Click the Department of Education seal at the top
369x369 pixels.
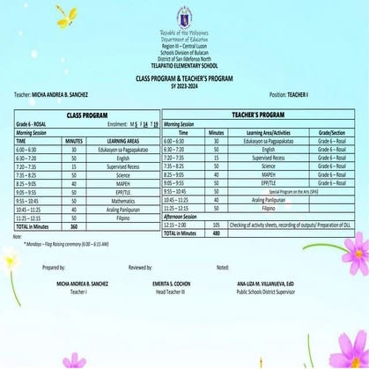click(x=184, y=16)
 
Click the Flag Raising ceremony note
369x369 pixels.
click(x=66, y=244)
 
